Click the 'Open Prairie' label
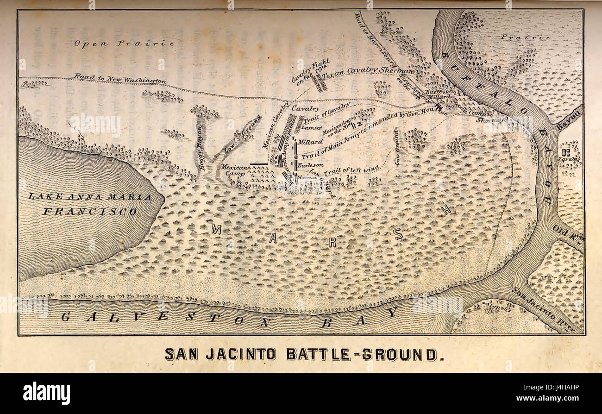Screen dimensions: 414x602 click(124, 43)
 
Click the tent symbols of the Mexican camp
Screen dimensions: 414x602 click(260, 175)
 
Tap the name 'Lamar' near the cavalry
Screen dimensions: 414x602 click(312, 126)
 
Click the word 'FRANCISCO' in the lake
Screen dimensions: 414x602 click(90, 212)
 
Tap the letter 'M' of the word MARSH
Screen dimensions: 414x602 click(216, 228)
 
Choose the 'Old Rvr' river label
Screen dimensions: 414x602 click(568, 232)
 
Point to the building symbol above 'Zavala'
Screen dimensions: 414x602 click(565, 151)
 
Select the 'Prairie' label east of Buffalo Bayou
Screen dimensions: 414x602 click(525, 37)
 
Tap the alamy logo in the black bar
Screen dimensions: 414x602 click(46, 393)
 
